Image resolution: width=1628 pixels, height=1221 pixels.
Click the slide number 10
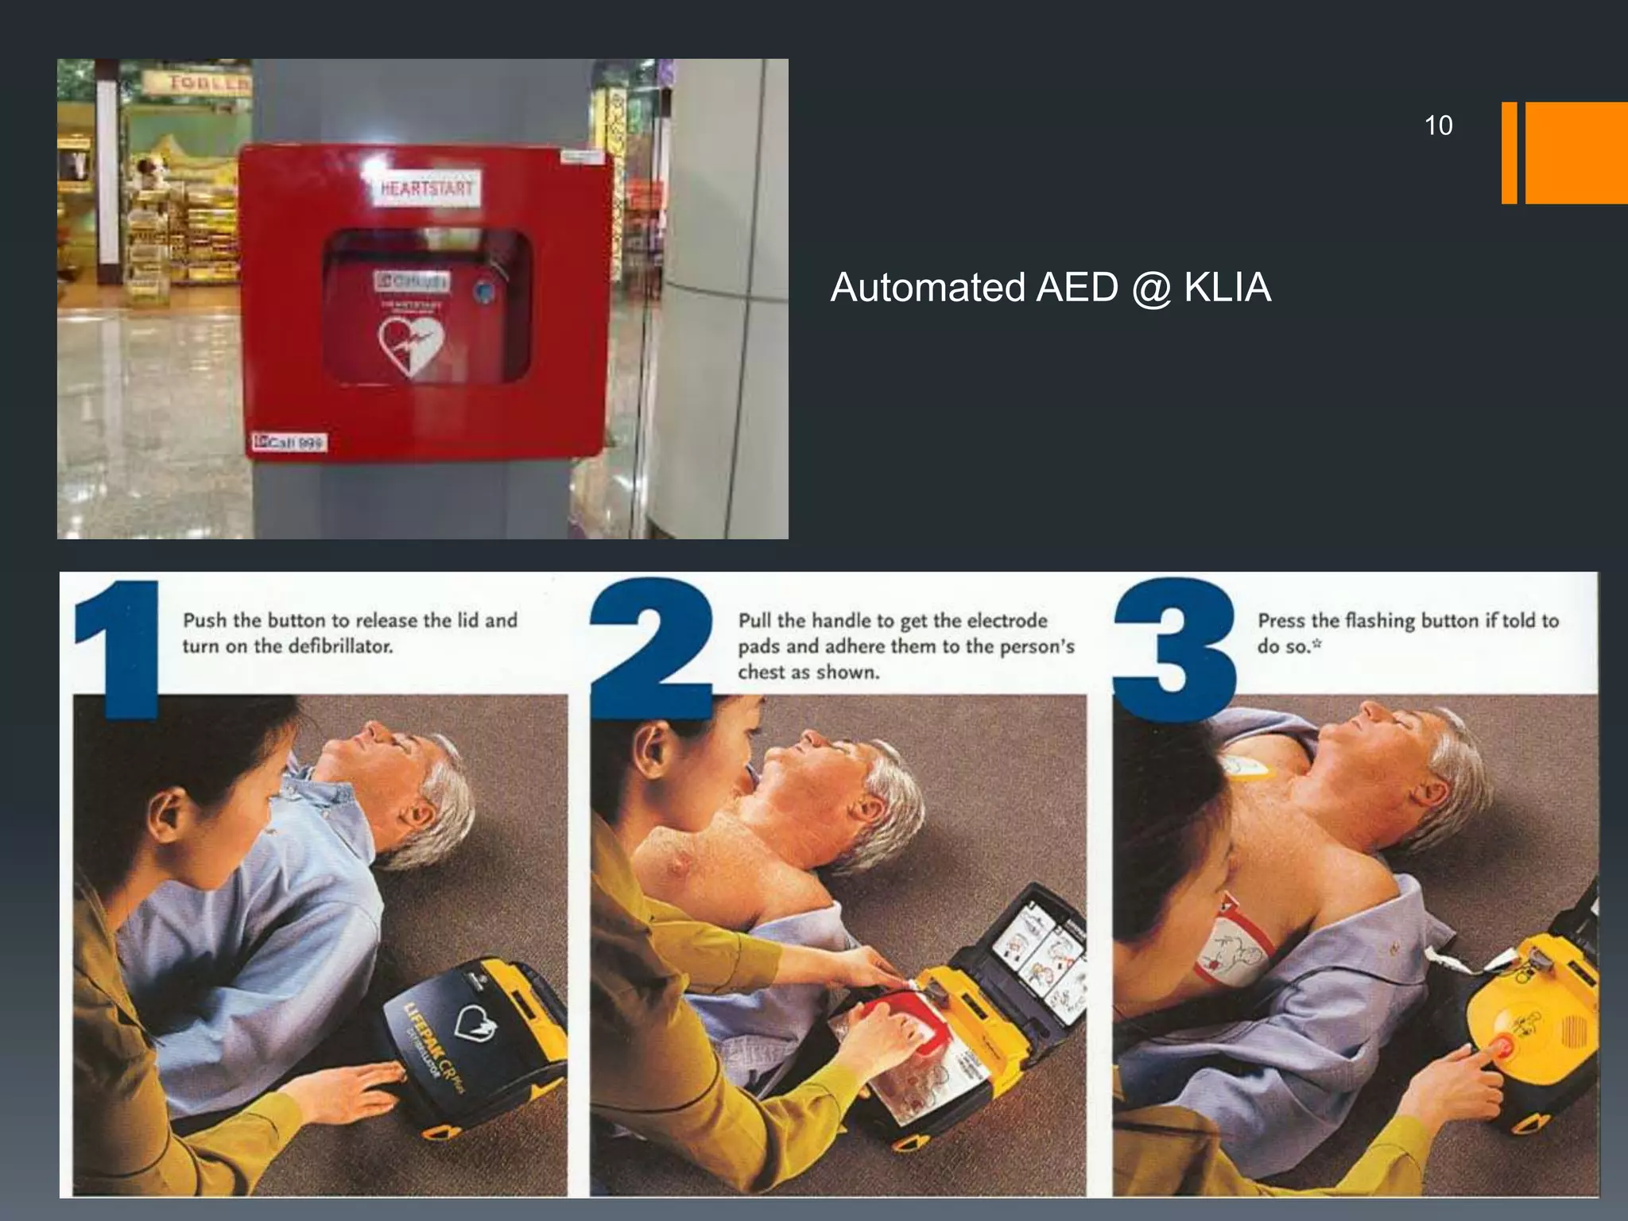(1438, 126)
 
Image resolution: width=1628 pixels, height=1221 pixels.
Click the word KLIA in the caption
(1227, 287)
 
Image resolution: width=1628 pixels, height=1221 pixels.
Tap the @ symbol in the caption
(1149, 288)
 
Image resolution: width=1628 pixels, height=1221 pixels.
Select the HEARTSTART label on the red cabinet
(427, 189)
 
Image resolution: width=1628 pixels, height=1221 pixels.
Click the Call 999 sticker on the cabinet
(289, 442)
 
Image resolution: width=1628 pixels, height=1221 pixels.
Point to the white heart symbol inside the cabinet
(410, 345)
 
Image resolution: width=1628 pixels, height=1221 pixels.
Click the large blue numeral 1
(119, 648)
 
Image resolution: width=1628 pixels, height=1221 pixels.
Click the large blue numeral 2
(652, 648)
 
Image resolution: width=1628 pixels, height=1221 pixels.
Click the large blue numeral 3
(1174, 648)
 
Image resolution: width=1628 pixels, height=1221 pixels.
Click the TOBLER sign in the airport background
(209, 82)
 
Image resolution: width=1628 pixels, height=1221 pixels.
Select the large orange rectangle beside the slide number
(1576, 153)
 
